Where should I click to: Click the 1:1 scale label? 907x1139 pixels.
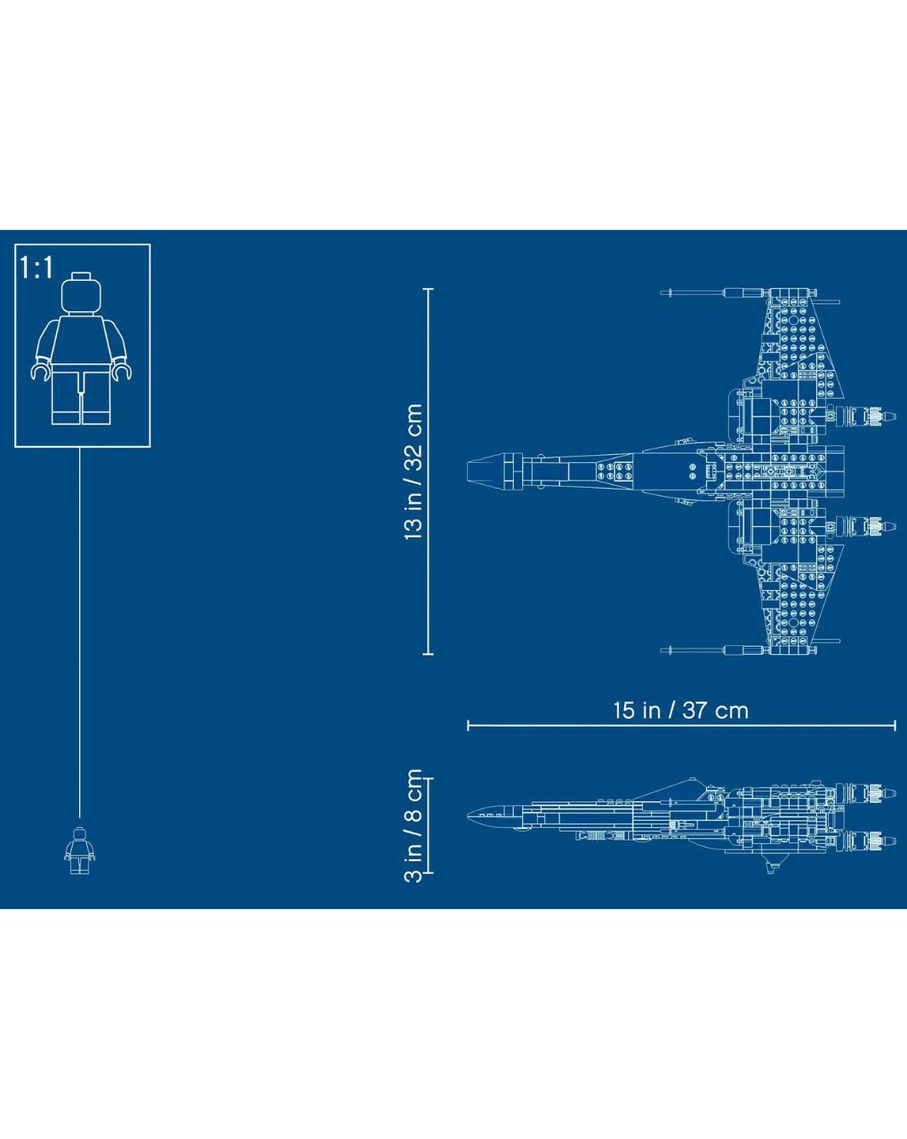(x=36, y=267)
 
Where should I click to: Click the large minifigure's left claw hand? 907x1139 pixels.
(x=40, y=370)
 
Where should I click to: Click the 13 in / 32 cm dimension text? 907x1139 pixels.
(x=413, y=472)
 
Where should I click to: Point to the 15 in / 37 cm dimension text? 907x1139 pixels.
(x=681, y=710)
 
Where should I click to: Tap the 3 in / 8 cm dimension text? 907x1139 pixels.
(x=413, y=825)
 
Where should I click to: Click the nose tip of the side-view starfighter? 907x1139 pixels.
(x=469, y=816)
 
